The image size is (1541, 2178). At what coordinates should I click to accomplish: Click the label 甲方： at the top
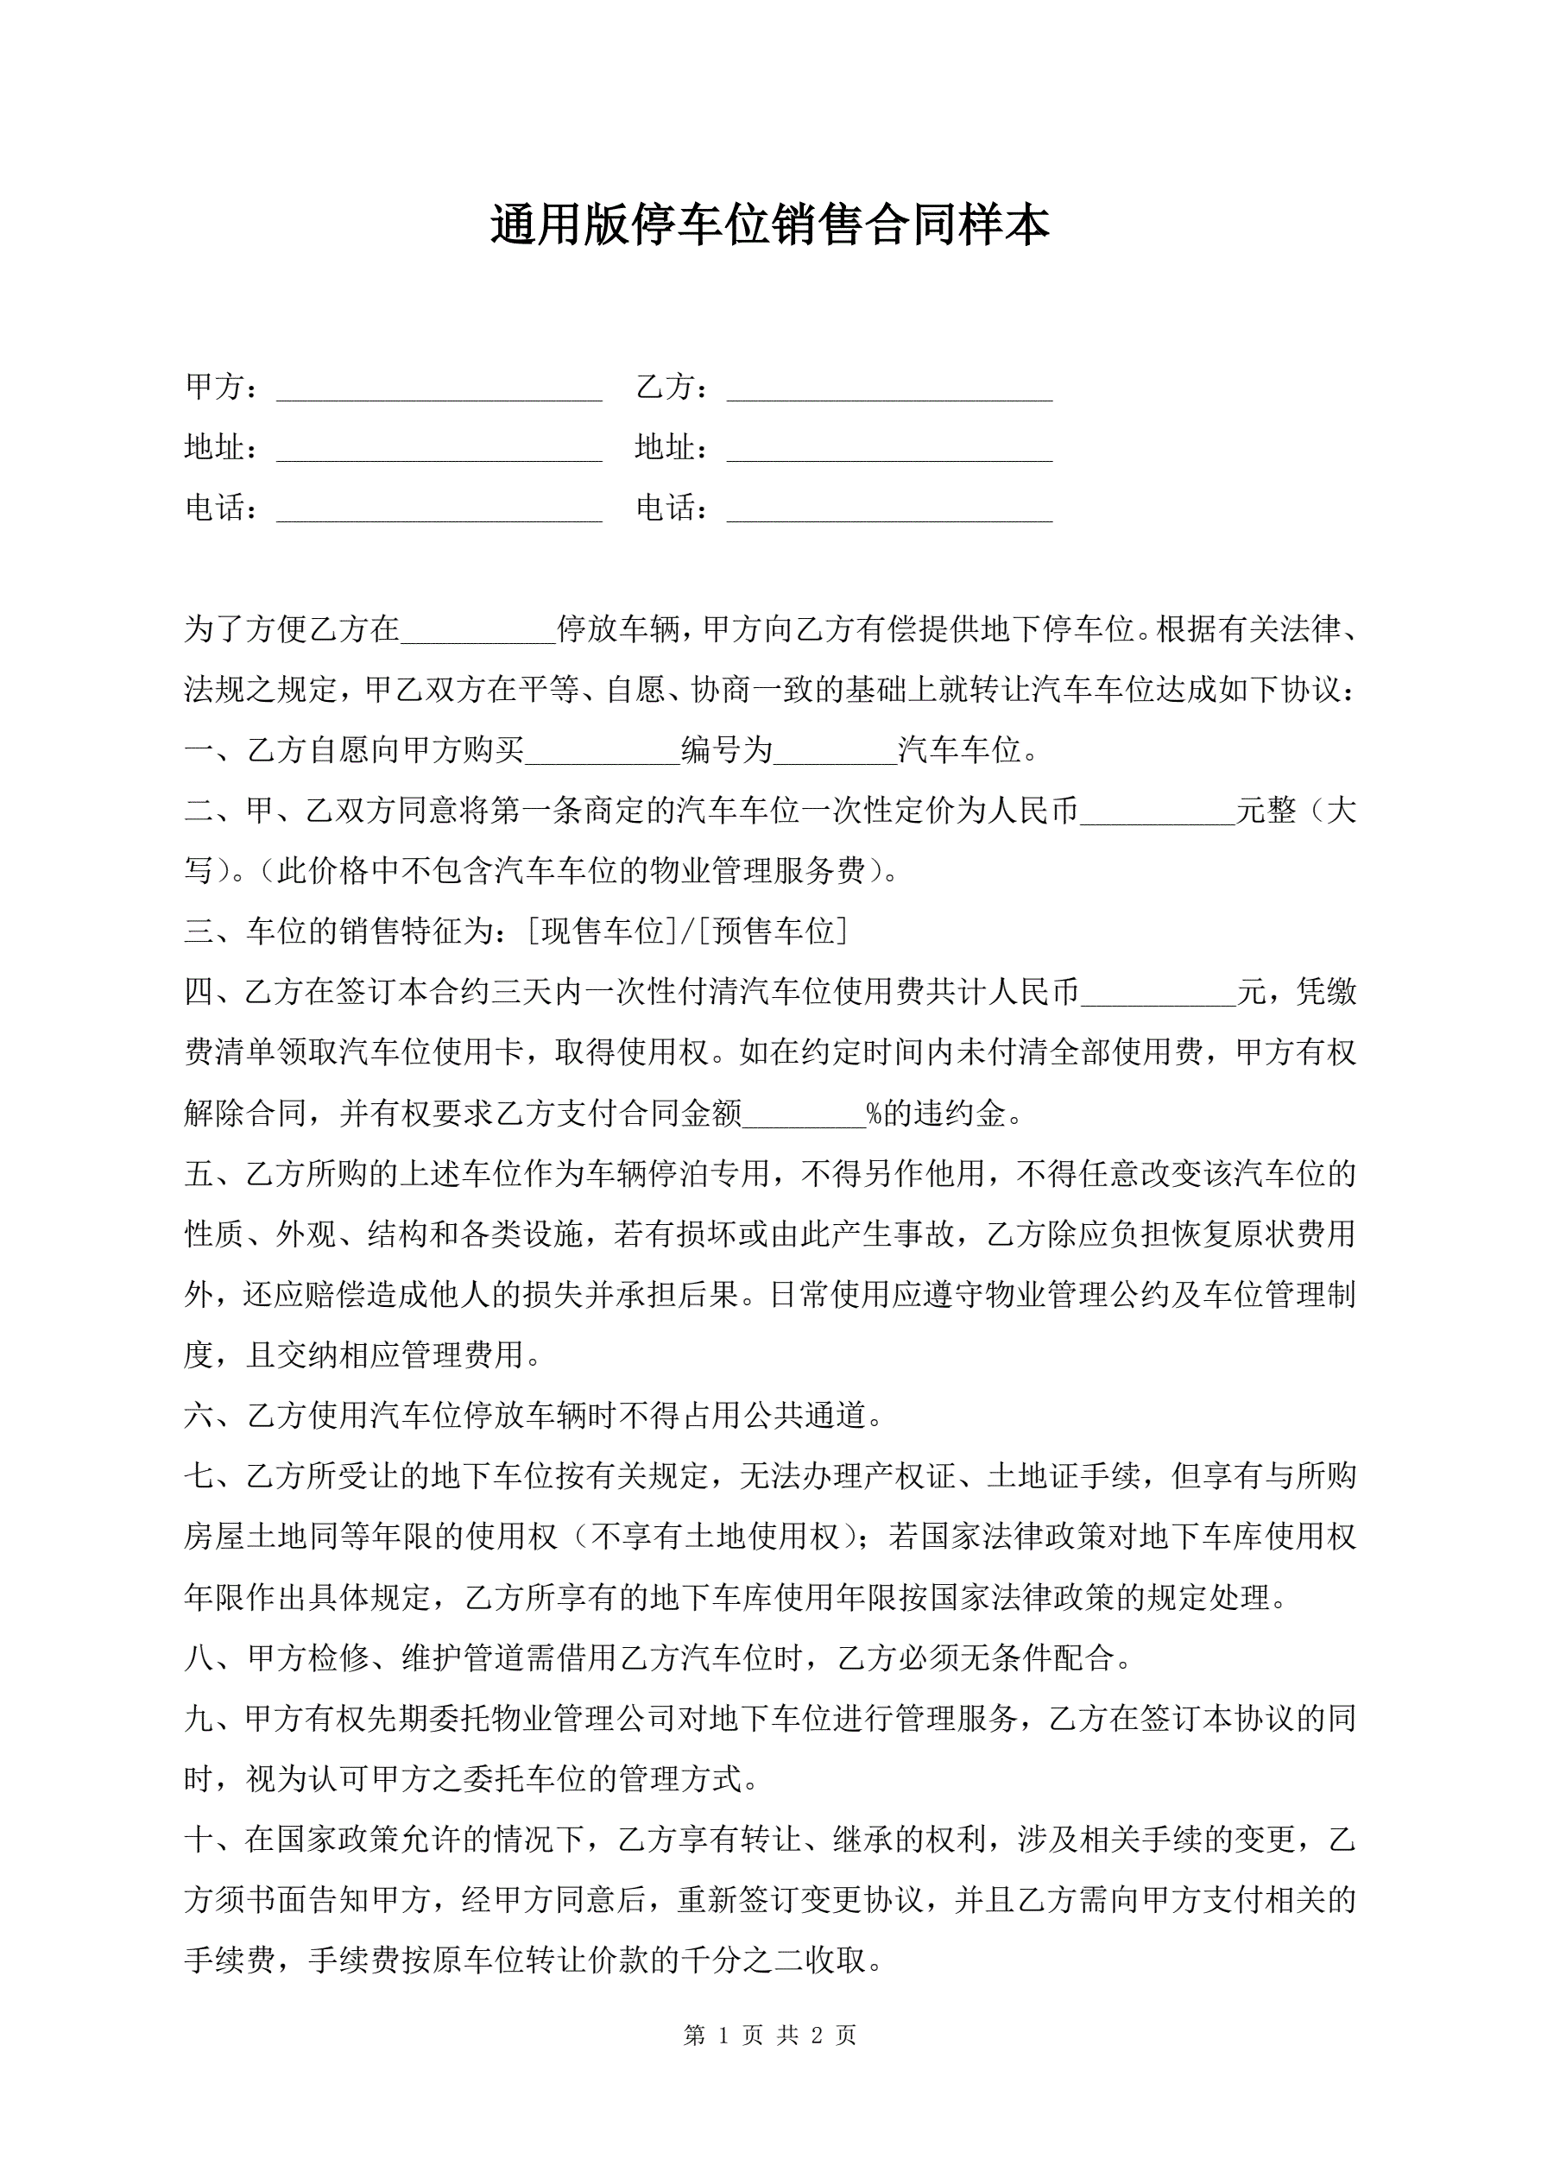pos(221,387)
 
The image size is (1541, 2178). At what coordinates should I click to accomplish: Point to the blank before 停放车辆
pos(477,631)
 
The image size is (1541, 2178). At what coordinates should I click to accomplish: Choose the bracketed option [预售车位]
pos(772,931)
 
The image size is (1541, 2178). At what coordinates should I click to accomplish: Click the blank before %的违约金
pos(805,1114)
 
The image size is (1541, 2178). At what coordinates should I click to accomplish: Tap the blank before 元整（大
pos(1158,813)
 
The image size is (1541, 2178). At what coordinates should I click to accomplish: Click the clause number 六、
pos(214,1417)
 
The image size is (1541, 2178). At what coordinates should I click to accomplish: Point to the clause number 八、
pos(214,1658)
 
